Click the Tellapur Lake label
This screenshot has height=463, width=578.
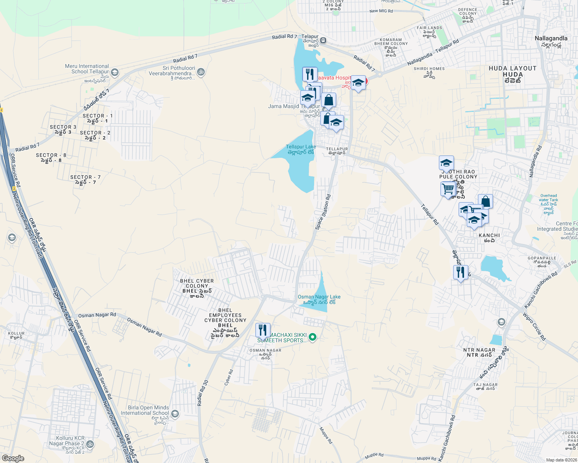point(301,149)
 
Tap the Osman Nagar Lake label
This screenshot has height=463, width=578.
point(319,299)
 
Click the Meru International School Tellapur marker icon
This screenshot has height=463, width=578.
point(114,72)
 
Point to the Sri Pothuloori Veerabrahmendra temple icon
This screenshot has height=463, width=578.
point(201,72)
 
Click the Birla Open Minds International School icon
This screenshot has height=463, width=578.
point(175,414)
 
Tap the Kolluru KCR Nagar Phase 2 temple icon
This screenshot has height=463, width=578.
point(90,444)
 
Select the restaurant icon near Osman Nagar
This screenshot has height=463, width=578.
point(262,331)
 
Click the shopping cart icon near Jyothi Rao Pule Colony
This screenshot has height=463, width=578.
point(448,189)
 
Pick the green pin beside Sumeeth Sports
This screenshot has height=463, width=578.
point(313,338)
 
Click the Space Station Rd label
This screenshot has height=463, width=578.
point(323,212)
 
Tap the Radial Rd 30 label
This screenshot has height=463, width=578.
point(202,393)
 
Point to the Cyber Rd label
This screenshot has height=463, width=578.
point(229,378)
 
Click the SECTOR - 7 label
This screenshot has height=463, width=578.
point(85,179)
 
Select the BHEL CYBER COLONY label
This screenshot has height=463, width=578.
point(197,286)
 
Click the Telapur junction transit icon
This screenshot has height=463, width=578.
point(323,40)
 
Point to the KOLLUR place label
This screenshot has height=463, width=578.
point(16,335)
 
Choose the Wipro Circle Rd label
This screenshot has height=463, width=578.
point(534,326)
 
